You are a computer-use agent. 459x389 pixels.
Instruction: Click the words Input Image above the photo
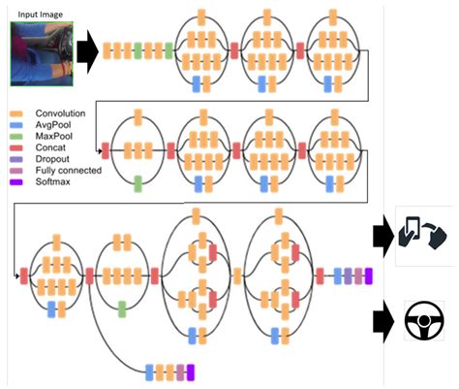pyautogui.click(x=38, y=14)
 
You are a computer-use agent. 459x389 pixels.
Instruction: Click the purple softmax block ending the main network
pyautogui.click(x=368, y=276)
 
